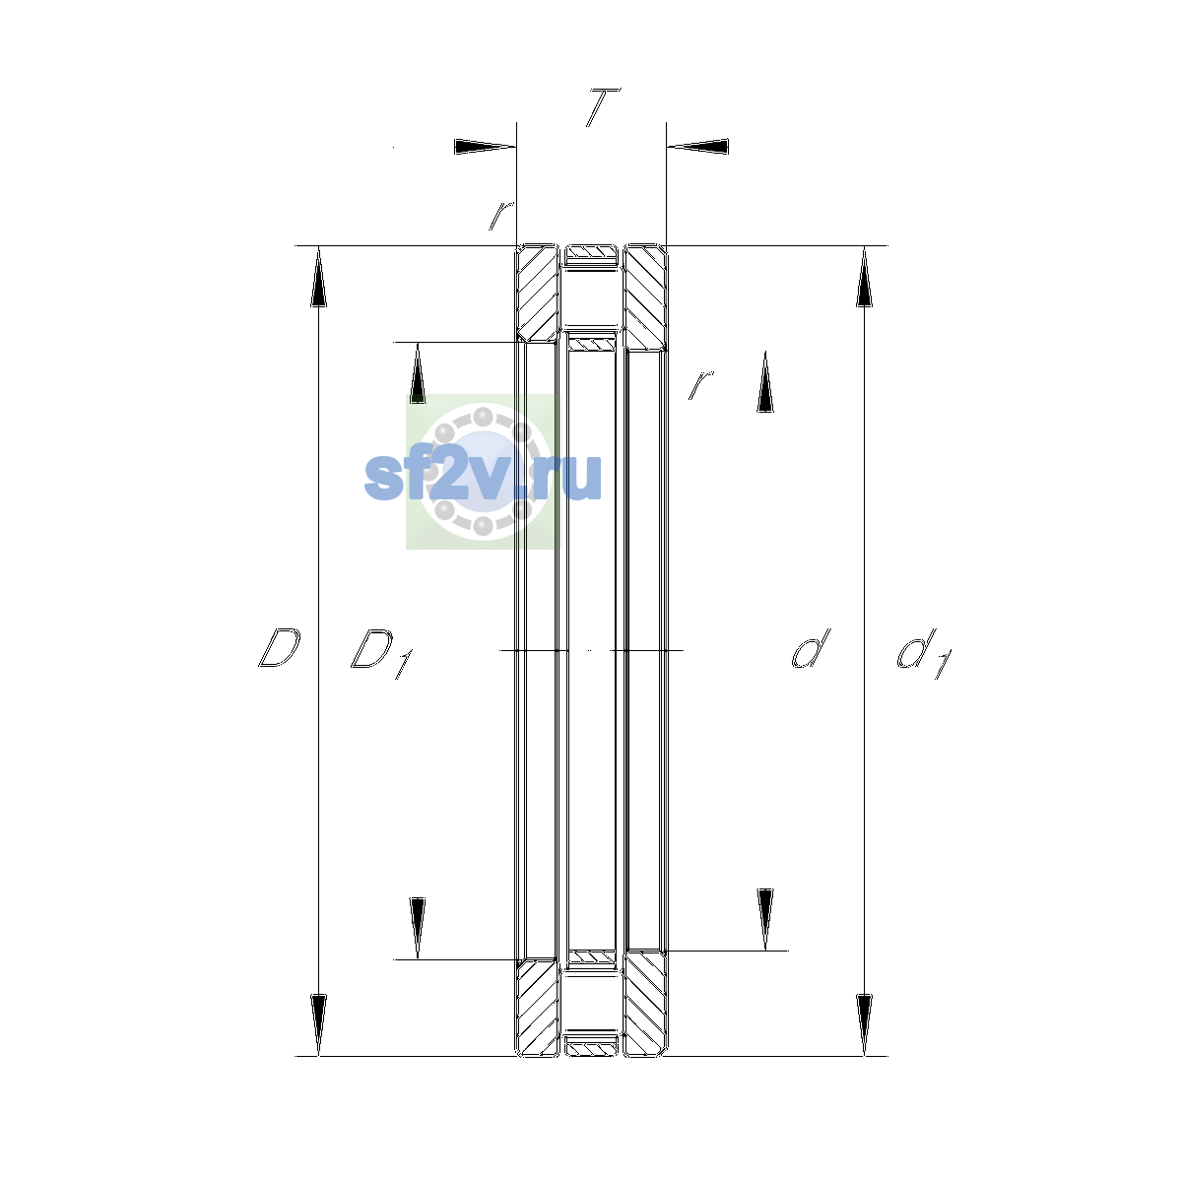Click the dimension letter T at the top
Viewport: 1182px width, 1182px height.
603,107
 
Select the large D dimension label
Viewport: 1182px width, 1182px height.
279,648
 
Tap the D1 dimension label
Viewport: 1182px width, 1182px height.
381,653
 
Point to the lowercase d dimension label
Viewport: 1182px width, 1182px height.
811,648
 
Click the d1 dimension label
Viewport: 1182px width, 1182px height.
924,653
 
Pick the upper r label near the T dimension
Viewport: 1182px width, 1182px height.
500,216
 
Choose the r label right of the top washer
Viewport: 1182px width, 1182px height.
700,384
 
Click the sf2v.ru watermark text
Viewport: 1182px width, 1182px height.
483,477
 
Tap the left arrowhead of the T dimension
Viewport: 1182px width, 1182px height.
485,147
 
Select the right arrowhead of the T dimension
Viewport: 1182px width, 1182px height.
697,147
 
